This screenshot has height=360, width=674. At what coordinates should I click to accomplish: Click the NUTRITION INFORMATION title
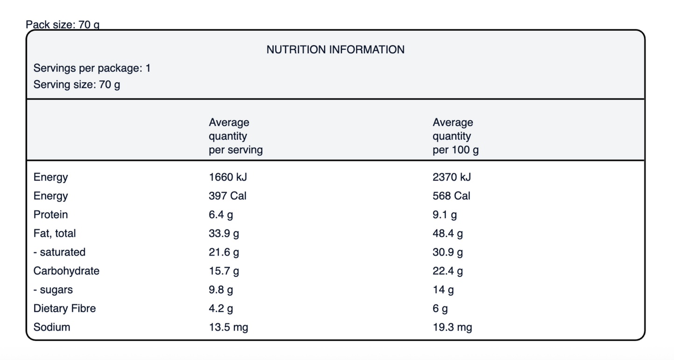coord(335,49)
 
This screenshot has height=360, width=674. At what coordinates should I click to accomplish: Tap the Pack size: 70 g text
coord(63,25)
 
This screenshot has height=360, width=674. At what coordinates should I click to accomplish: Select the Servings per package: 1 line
coord(92,68)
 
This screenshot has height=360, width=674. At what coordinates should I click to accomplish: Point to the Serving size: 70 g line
coord(76,85)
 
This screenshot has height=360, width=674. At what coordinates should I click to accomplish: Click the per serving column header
coord(236,136)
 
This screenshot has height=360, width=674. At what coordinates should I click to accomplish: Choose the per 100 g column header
coord(456,136)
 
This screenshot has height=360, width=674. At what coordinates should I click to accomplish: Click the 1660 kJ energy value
coord(228,177)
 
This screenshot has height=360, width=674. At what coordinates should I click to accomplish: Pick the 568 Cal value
coord(452,196)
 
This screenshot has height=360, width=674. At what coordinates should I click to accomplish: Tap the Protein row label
coord(50,215)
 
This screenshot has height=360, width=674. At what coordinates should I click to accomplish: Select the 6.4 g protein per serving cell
coord(221,215)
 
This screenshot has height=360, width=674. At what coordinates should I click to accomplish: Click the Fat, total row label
coord(55,233)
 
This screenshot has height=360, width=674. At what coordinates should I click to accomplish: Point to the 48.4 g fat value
coord(448,233)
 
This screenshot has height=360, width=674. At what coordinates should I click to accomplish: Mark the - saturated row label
coord(59,252)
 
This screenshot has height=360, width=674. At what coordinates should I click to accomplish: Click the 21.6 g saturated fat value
coord(224,252)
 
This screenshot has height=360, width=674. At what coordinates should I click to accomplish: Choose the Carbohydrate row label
coord(66,271)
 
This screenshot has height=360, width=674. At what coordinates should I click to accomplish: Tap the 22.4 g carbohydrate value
coord(448,271)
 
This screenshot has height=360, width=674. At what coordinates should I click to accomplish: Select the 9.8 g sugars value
coord(221,290)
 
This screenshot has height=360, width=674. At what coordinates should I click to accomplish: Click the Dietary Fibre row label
coord(64,309)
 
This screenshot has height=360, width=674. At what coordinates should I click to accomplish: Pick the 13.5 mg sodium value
coord(229,327)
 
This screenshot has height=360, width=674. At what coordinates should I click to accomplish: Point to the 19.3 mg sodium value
coord(452,327)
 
